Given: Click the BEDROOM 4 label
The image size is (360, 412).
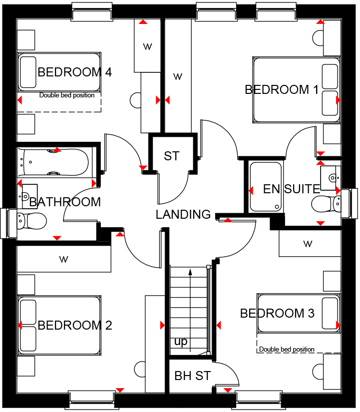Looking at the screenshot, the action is (74, 72).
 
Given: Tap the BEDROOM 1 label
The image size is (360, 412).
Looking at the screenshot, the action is (282, 89).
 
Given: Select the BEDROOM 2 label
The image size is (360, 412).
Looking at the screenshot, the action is (74, 325).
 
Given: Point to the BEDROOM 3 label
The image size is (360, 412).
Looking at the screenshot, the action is (277, 313).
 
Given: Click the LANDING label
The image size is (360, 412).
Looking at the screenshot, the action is (183, 214).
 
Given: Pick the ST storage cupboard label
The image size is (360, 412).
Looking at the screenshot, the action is (172, 156).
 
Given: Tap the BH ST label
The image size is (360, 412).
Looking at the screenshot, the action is (193, 376).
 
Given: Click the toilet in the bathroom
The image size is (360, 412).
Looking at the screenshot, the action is (31, 221).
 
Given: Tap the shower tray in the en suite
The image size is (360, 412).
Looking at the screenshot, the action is (266, 187).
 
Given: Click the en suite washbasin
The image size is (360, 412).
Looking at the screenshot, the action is (331, 178).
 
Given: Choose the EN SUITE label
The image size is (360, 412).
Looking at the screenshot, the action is (292, 189).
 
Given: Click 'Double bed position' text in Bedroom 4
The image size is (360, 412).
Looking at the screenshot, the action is (67, 95).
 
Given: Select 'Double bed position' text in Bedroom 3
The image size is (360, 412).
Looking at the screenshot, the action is (287, 349).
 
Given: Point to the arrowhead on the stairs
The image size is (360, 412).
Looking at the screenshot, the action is (190, 272).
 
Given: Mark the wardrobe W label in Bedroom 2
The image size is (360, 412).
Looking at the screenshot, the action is (63, 259).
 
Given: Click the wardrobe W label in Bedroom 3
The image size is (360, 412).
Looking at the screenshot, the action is (308, 244).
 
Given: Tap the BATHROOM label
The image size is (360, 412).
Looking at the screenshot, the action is (65, 202).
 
